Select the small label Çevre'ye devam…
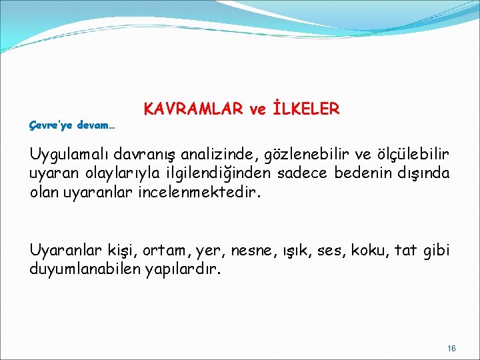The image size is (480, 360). (x=73, y=125)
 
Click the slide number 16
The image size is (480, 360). (x=451, y=349)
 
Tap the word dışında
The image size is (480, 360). (x=423, y=173)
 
